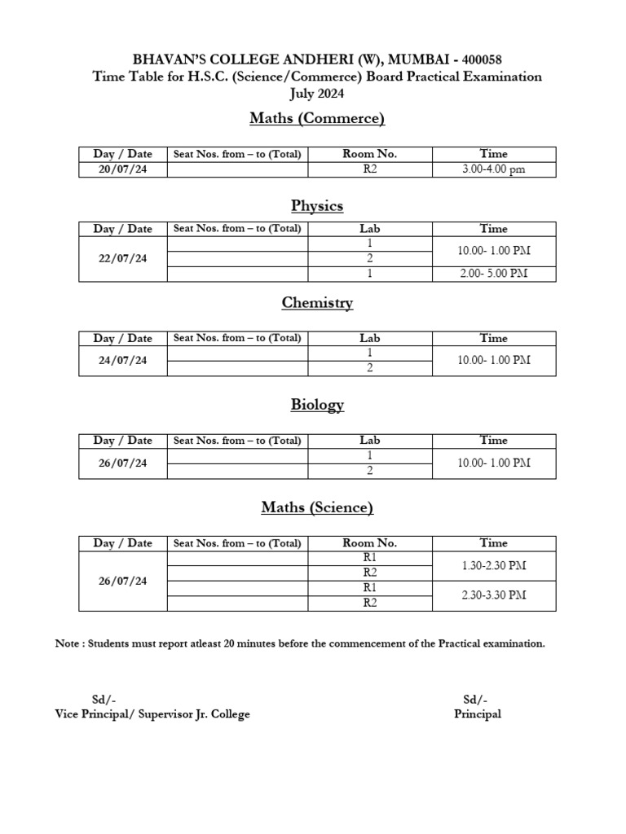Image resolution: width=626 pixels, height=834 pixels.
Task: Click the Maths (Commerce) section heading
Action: click(316, 119)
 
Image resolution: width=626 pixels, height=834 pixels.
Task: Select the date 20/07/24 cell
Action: click(122, 169)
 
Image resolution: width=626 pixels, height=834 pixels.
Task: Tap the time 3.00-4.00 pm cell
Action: click(493, 169)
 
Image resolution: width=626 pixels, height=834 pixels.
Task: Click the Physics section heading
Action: click(316, 205)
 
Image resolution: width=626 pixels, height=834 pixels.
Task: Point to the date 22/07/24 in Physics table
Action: click(122, 259)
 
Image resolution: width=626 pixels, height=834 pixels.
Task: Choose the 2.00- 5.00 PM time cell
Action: click(493, 274)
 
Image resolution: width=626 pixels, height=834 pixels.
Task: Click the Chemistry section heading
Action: click(316, 303)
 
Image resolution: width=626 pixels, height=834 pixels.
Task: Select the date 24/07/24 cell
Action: click(122, 361)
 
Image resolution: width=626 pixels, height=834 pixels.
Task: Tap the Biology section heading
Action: click(316, 405)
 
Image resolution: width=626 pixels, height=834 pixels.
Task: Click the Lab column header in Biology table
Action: click(369, 441)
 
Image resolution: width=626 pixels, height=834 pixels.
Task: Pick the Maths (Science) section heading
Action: click(316, 507)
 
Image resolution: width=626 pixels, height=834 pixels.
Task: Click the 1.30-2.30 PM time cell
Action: click(493, 565)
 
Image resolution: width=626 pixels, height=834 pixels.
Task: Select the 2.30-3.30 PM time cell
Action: click(493, 595)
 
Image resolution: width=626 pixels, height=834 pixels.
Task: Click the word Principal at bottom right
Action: click(478, 714)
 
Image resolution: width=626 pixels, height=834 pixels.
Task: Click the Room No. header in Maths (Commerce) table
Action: click(369, 154)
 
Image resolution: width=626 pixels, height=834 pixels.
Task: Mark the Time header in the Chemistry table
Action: click(493, 338)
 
